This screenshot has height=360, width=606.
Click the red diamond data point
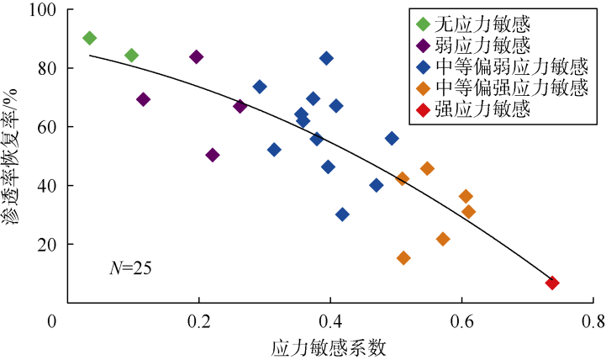coord(552,283)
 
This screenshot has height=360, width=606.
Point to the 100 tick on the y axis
coord(39,11)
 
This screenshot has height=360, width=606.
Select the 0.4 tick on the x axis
coord(330,321)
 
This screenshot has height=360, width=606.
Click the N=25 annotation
coord(130,269)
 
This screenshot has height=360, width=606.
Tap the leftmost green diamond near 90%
coord(90,38)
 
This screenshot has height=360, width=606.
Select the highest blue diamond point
coord(326,58)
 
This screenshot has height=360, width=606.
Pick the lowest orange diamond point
coord(403,257)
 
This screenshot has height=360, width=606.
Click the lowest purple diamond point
coord(213,155)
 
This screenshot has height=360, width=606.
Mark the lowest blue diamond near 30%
coord(342,214)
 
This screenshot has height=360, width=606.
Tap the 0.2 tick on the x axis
coord(199,321)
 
